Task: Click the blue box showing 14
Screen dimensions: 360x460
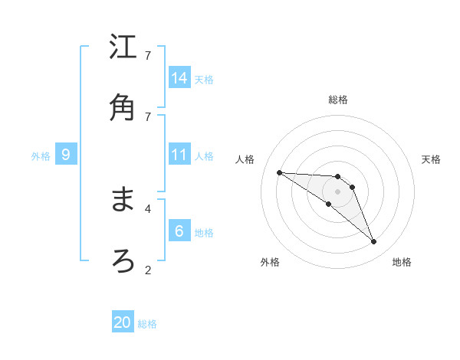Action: coord(179,78)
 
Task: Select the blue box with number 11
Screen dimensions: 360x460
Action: coord(179,155)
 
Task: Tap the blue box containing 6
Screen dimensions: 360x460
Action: coord(179,231)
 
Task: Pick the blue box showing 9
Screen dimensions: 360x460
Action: coord(66,155)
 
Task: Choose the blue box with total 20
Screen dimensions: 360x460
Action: coord(123,322)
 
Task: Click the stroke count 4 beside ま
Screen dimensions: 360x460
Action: coord(148,208)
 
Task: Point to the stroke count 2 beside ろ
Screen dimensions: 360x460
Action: coord(148,269)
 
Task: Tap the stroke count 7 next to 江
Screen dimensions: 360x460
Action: coord(148,55)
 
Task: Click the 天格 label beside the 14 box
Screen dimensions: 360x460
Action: coord(204,79)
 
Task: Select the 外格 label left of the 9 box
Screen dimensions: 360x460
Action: coord(41,155)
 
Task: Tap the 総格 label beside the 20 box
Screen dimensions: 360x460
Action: coord(147,324)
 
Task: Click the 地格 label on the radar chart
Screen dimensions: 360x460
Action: coord(402,262)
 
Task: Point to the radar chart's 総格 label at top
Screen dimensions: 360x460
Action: coord(338,100)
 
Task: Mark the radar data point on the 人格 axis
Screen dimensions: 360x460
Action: coord(279,172)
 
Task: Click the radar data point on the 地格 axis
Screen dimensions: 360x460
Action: coord(373,242)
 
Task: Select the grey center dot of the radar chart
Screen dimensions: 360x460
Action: coord(337,191)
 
